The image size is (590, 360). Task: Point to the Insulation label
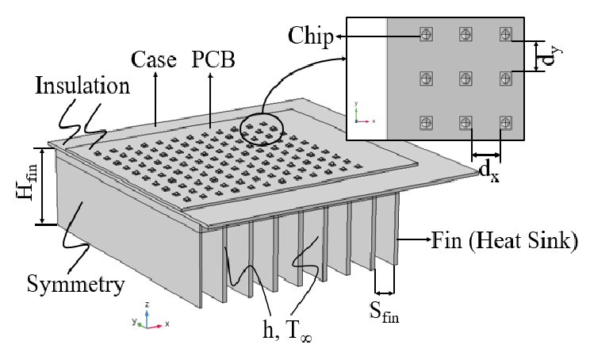pos(81,86)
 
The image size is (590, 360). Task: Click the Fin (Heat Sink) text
pos(502,239)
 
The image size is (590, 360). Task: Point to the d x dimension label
pos(488,169)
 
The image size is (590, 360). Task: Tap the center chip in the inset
pos(465,79)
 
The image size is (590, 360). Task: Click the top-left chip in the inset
pos(426,34)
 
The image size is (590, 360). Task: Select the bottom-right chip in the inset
pos(504,122)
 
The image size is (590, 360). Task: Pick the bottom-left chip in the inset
pos(426,122)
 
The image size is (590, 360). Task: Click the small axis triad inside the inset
pos(361,116)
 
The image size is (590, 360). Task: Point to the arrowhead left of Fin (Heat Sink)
pos(403,239)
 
